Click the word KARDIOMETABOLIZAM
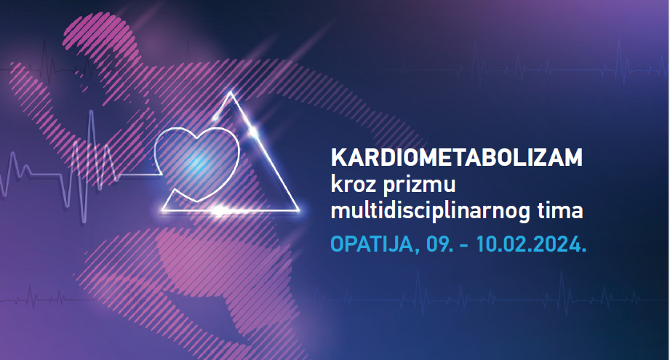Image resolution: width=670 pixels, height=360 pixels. pos(457,157)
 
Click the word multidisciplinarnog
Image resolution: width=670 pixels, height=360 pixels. pos(431,212)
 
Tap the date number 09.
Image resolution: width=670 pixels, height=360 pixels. pos(436,244)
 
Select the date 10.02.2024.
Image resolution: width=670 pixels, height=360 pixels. pos(531,244)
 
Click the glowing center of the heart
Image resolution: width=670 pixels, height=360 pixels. pos(197,163)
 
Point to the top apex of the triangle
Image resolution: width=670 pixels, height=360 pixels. pos(231,92)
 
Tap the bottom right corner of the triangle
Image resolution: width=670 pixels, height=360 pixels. pos(298,210)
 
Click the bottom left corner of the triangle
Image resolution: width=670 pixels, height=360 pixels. pos(162,210)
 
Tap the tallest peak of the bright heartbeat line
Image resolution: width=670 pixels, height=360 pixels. pos(91,112)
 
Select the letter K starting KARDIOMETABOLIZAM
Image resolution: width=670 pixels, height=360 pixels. pos(338,157)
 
